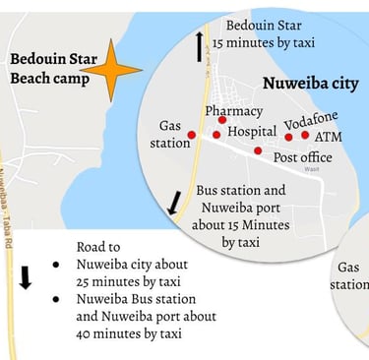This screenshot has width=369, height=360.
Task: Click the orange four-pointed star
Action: pos(111,71)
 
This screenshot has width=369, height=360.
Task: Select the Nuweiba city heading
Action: pos(310,84)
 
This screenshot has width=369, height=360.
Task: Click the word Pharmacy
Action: pos(234,110)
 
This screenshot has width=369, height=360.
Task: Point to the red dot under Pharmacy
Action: pos(222,121)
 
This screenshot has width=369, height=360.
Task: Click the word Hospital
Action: pos(252,131)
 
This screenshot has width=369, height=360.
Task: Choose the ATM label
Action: pos(329,137)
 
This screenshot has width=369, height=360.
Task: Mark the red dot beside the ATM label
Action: pos(305,135)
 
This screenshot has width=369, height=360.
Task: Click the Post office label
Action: pos(302,157)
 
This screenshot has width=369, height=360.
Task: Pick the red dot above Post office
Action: pos(258,150)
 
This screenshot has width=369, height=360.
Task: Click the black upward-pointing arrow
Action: pos(200,45)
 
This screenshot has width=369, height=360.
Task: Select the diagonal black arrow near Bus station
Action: pos(174,203)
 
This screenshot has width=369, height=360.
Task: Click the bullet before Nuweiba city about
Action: pos(58,265)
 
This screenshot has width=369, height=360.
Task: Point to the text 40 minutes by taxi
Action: pos(128,332)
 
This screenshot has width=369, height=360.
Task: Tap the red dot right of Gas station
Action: pos(192,135)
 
